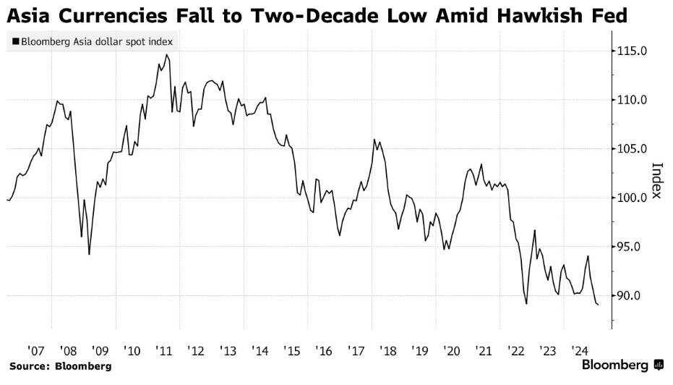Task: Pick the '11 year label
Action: click(x=163, y=350)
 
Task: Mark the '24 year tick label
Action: click(x=580, y=350)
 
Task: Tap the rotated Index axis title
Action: click(x=657, y=180)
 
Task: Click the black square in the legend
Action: click(x=15, y=42)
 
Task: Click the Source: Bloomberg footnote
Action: click(x=61, y=366)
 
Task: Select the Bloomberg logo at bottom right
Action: click(x=622, y=365)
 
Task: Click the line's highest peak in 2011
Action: click(x=167, y=55)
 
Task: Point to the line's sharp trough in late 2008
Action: click(x=89, y=254)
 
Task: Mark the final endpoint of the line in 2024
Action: click(x=598, y=305)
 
